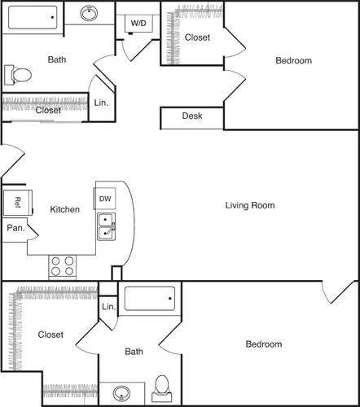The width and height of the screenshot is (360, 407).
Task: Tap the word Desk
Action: (x=191, y=116)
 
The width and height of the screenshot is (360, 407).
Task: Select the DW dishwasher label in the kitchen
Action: (x=105, y=199)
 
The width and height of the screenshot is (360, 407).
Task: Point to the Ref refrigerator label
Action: (x=16, y=202)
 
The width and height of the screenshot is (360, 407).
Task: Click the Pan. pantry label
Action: (x=16, y=229)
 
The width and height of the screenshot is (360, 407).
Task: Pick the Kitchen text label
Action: (x=65, y=209)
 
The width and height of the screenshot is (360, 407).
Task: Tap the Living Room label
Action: (x=250, y=205)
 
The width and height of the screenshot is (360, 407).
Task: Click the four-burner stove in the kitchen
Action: (x=63, y=266)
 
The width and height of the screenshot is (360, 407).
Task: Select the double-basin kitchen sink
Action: (x=107, y=226)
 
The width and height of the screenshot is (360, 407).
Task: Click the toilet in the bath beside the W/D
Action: (x=18, y=75)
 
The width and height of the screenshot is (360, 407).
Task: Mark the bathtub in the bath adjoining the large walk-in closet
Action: (x=149, y=298)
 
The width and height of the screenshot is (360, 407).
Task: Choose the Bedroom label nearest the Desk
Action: (x=293, y=60)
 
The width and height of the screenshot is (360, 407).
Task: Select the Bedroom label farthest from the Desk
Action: (x=264, y=344)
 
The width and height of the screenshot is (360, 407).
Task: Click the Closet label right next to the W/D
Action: (x=197, y=37)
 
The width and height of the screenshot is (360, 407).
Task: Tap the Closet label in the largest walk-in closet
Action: (x=50, y=335)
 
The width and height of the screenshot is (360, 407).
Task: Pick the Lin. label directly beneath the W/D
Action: (x=101, y=103)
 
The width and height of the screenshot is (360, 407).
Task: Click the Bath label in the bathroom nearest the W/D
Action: (x=57, y=59)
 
